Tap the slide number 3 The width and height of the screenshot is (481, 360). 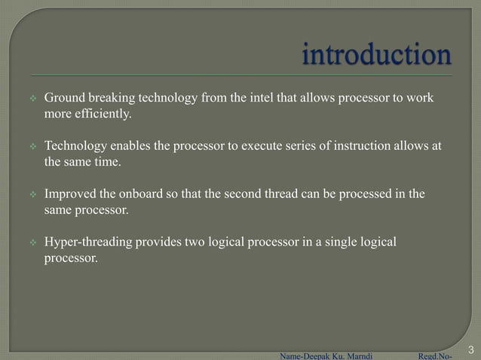[x=470, y=349]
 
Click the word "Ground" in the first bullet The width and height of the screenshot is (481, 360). [x=65, y=99]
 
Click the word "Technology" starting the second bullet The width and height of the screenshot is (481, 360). [x=74, y=146]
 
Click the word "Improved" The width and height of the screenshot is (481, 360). [x=68, y=194]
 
